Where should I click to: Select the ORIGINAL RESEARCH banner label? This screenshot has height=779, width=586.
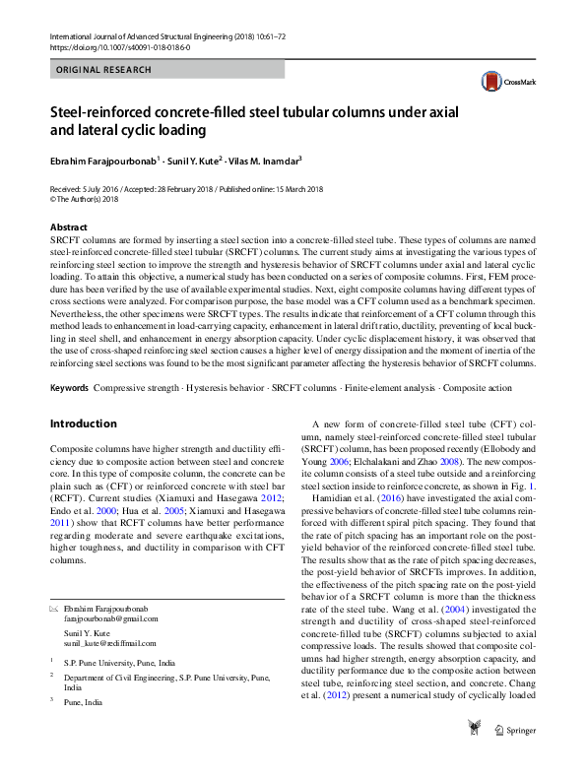pos(104,70)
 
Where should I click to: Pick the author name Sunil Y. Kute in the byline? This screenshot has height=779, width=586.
pos(191,161)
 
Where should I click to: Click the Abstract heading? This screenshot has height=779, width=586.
pos(68,227)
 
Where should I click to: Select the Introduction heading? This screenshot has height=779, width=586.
pos(83,423)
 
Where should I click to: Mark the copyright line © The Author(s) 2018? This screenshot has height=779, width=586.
pos(84,198)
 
